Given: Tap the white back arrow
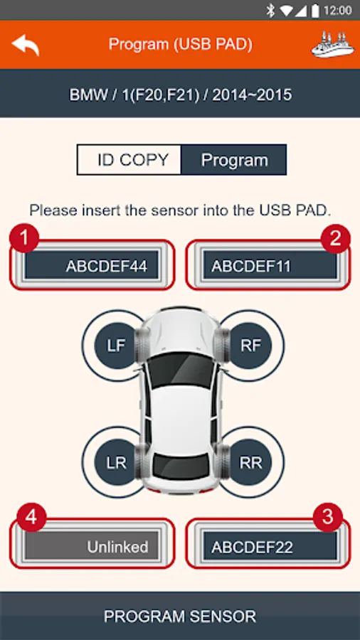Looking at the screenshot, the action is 26,45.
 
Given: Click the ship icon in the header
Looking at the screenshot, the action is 333,44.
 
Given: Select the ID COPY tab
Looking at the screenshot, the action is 129,159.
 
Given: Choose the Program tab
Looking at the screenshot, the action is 234,159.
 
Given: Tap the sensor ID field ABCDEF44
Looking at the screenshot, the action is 92,265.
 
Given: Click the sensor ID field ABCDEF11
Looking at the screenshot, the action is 270,265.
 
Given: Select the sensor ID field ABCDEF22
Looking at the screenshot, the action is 270,545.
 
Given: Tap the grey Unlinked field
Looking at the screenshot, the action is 92,545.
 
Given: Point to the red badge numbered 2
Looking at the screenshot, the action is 336,238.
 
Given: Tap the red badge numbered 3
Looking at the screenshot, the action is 328,518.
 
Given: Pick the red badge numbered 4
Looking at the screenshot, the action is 31,518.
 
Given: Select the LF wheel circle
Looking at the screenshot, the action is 116,346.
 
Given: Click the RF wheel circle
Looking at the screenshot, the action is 250,346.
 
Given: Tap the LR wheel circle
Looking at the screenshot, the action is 116,463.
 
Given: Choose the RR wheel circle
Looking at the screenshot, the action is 250,463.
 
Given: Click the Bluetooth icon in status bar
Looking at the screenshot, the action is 270,11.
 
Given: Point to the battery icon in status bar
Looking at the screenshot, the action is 315,11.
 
